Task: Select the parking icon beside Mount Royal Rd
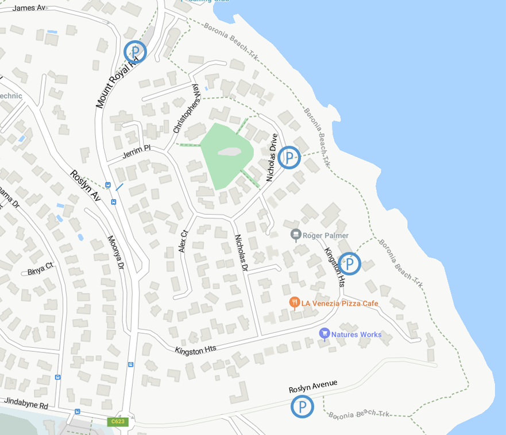pyautogui.click(x=136, y=52)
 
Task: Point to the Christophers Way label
pyautogui.click(x=187, y=108)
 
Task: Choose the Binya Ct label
pyautogui.click(x=40, y=266)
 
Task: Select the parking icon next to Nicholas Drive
pyautogui.click(x=289, y=157)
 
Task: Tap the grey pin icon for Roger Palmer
pyautogui.click(x=296, y=235)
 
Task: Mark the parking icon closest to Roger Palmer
pyautogui.click(x=349, y=264)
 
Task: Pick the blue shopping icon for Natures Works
pyautogui.click(x=324, y=333)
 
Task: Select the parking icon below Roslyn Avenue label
pyautogui.click(x=302, y=407)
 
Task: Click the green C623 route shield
pyautogui.click(x=117, y=422)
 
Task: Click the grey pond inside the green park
pyautogui.click(x=229, y=153)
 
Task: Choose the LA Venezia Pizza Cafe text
pyautogui.click(x=340, y=302)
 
